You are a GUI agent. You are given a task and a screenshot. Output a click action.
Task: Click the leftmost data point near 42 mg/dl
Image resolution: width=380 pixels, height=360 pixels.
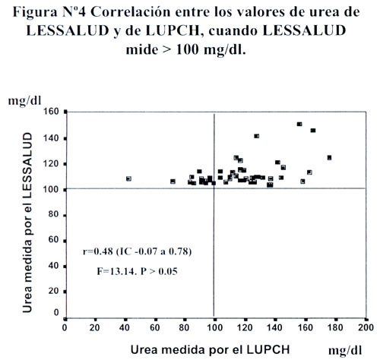pyautogui.click(x=128, y=178)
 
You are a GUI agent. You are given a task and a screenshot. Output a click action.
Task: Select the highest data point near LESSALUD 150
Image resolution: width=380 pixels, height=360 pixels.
pyautogui.click(x=299, y=124)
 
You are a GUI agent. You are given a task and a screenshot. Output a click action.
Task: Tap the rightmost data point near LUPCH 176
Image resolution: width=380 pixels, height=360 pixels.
pyautogui.click(x=329, y=158)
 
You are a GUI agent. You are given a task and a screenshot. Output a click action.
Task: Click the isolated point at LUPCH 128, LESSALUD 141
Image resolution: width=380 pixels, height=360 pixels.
pyautogui.click(x=257, y=136)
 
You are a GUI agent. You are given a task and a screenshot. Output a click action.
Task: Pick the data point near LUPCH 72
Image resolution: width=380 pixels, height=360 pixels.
pyautogui.click(x=173, y=182)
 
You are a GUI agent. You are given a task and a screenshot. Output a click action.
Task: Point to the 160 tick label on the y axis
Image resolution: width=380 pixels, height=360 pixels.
pyautogui.click(x=51, y=112)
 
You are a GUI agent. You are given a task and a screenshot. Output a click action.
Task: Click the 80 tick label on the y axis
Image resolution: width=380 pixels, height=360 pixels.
pyautogui.click(x=53, y=214)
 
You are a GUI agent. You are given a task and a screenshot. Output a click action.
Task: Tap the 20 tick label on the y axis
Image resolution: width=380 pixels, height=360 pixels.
pyautogui.click(x=53, y=291)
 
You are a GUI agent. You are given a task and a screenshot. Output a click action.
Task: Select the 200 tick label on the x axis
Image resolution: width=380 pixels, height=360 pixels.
pyautogui.click(x=366, y=327)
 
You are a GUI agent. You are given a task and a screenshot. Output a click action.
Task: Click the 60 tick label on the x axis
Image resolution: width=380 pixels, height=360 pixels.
pyautogui.click(x=155, y=327)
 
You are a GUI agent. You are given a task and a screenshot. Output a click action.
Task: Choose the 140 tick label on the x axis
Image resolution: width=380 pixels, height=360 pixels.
pyautogui.click(x=274, y=327)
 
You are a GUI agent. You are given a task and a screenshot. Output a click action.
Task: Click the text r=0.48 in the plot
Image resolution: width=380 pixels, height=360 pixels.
pyautogui.click(x=98, y=251)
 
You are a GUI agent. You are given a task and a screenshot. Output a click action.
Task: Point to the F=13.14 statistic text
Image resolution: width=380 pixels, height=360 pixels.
pyautogui.click(x=117, y=271)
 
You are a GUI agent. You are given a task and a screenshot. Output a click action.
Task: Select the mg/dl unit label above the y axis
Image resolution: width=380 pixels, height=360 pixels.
pyautogui.click(x=24, y=101)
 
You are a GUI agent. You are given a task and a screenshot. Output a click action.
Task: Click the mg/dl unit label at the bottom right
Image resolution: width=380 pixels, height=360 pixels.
pyautogui.click(x=345, y=351)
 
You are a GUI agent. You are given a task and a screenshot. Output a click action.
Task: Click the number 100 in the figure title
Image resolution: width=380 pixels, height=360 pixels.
pyautogui.click(x=187, y=49)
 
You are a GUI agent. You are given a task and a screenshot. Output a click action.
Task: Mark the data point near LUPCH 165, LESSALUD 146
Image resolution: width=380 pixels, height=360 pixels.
pyautogui.click(x=313, y=131)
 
